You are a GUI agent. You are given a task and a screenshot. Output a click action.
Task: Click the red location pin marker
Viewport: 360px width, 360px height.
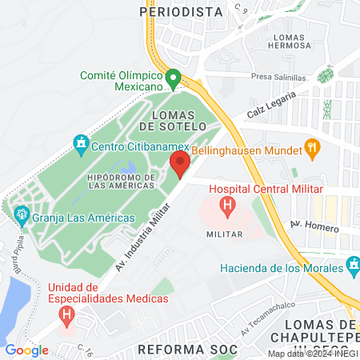coord(179,165)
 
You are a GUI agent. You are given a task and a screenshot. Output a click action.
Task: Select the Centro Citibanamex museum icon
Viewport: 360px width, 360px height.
coord(79,145)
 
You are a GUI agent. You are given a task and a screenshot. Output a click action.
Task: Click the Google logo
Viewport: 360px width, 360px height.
coord(26,350)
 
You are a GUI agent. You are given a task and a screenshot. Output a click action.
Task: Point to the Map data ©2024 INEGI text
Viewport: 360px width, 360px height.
coord(312,354)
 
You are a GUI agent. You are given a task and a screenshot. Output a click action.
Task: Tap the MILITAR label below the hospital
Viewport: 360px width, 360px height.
coord(219,234)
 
